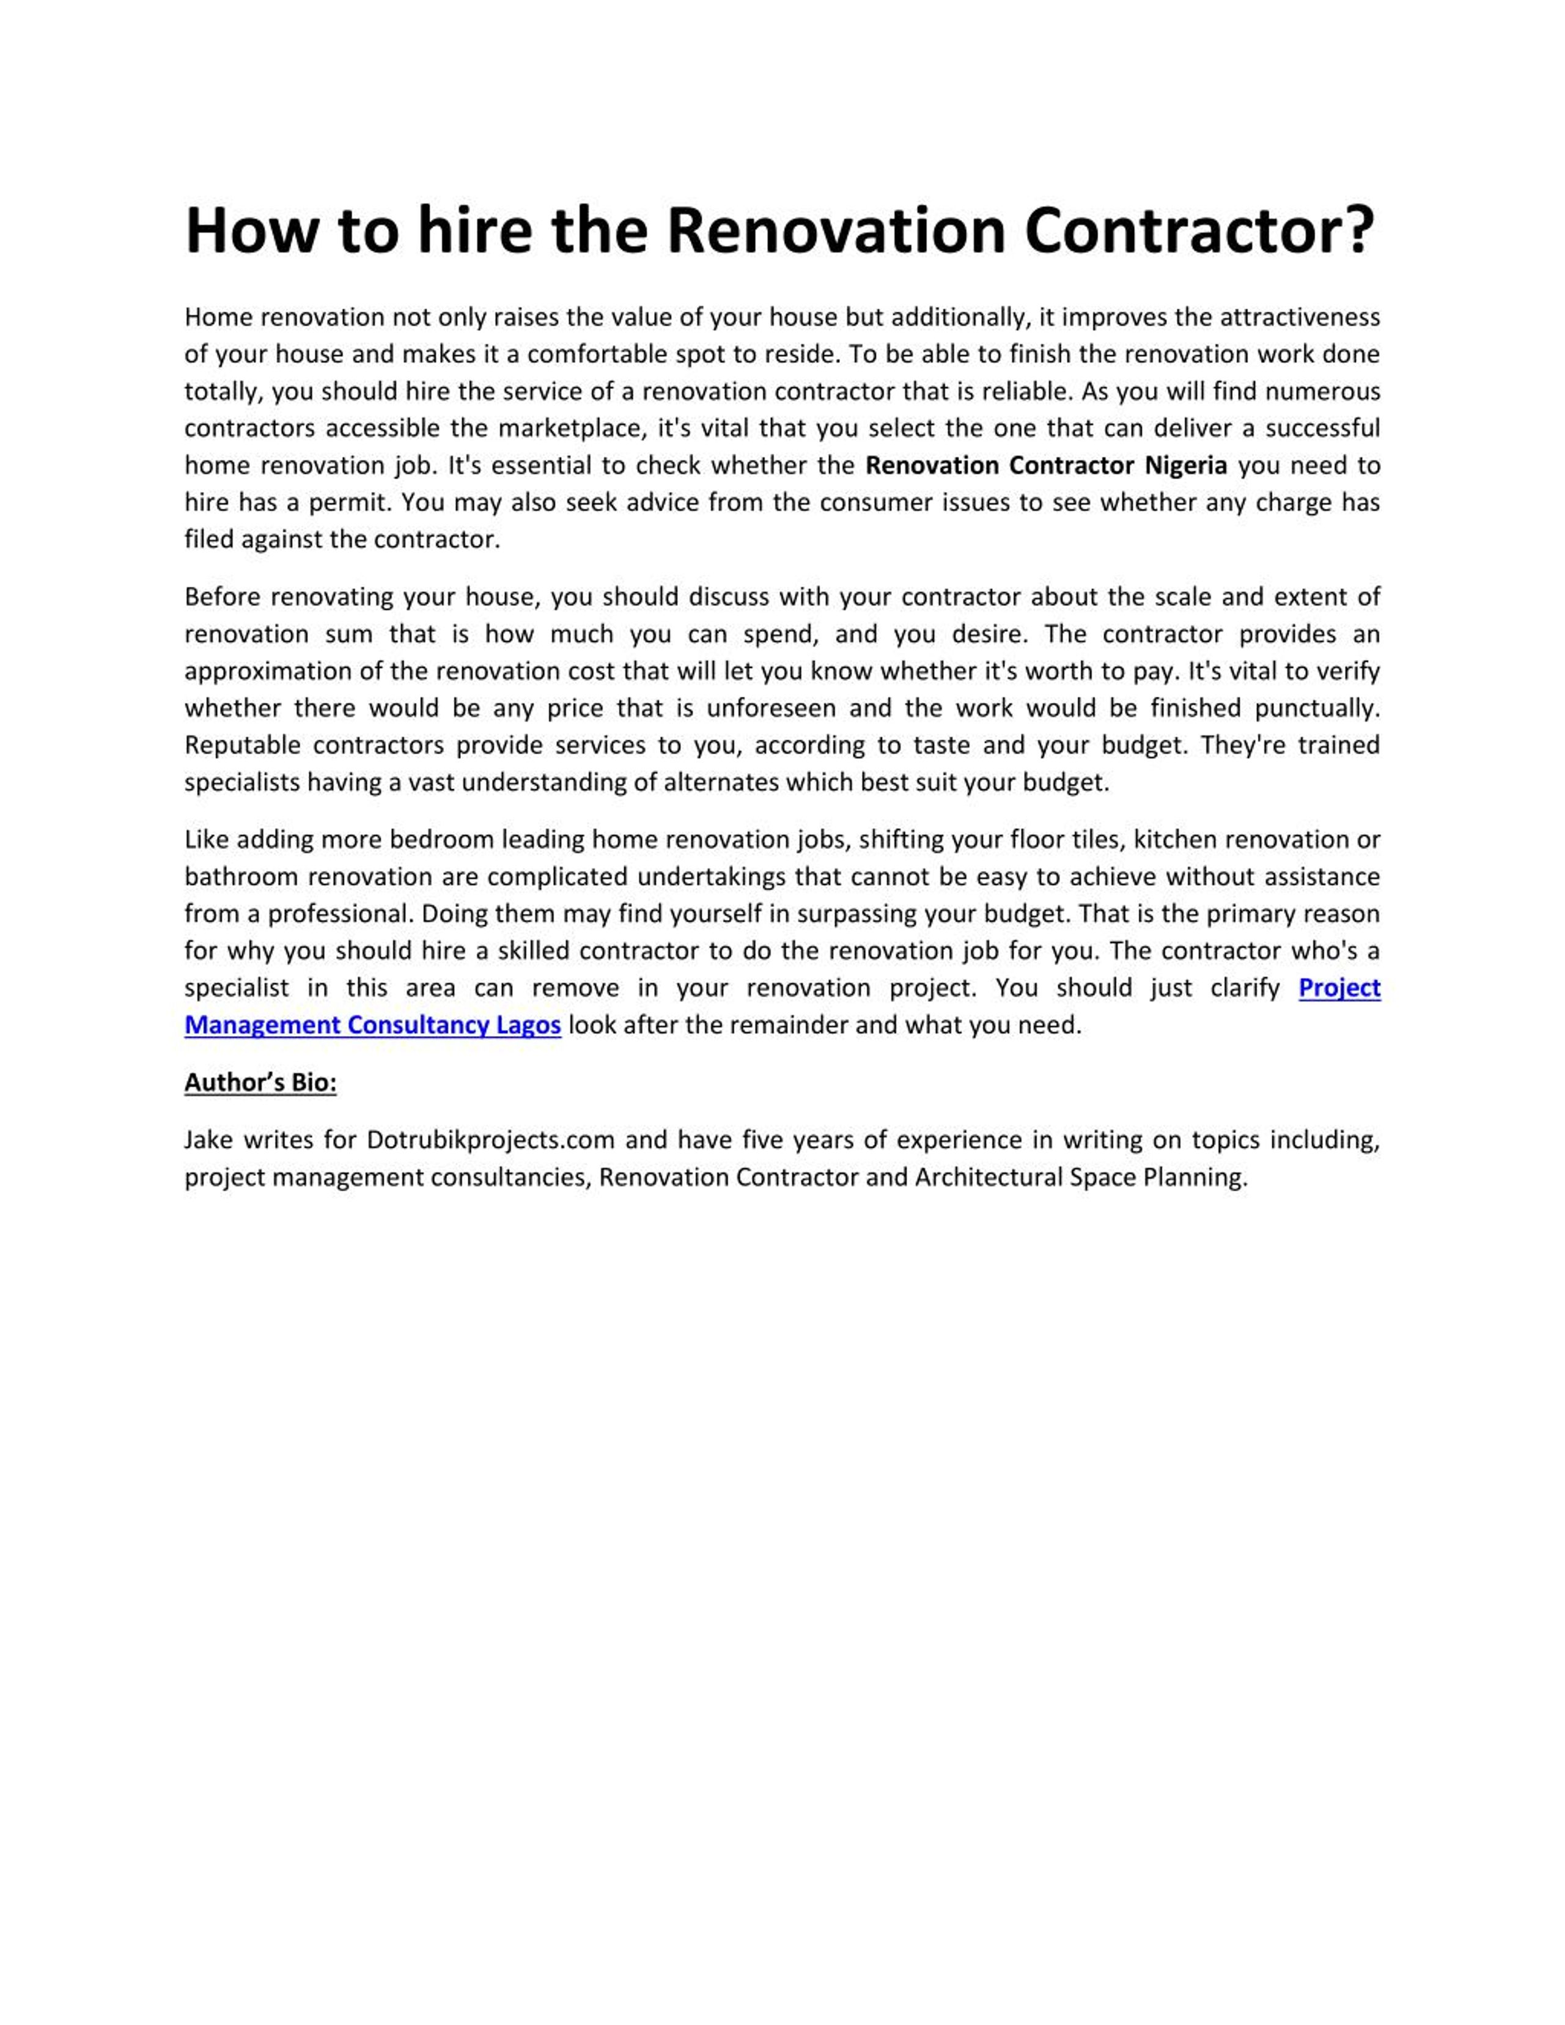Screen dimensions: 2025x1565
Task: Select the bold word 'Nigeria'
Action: pyautogui.click(x=1186, y=466)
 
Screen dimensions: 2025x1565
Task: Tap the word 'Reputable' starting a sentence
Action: pyautogui.click(x=242, y=746)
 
